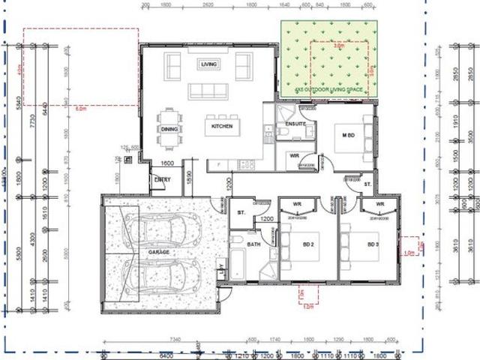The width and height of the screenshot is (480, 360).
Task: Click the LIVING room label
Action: pos(208,64)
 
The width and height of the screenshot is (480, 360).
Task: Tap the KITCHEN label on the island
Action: pos(222,127)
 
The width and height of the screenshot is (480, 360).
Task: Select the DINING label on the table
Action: pos(169,128)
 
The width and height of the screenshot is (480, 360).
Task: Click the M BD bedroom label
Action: pos(349,134)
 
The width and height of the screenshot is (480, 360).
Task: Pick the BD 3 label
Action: pos(373,244)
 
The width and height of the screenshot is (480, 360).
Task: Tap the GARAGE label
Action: pos(158,253)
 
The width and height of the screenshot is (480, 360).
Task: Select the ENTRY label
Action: pos(162,180)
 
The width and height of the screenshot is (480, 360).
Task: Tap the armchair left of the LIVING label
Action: pos(172,67)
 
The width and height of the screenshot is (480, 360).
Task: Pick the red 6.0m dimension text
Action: pos(81,108)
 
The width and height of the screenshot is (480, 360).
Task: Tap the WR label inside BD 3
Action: pos(380,204)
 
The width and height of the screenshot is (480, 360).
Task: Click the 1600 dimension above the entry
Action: pos(167,163)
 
